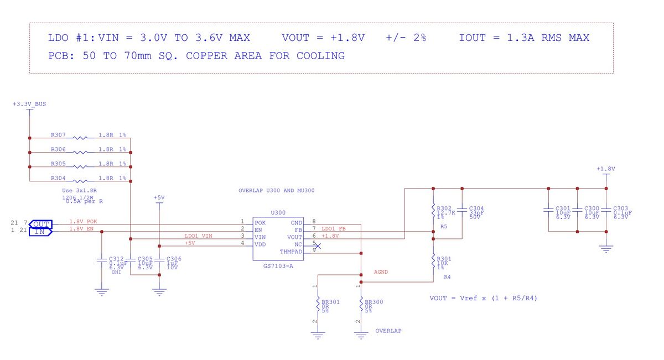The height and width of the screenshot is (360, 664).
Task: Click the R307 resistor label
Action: [58, 135]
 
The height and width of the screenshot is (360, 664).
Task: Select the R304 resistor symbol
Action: [81, 181]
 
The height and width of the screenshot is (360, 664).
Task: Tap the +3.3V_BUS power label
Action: [29, 104]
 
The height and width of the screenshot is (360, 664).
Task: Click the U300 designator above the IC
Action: [278, 212]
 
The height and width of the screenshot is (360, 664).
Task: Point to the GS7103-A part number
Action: [278, 266]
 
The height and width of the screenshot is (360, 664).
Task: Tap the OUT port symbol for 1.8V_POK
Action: [40, 224]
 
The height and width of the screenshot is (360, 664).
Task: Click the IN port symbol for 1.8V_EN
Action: [40, 232]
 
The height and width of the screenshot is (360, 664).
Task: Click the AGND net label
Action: [381, 272]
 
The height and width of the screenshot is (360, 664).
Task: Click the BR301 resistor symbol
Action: [318, 304]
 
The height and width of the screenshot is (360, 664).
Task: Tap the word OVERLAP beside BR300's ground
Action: [388, 331]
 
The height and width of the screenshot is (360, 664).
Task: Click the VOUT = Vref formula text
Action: [483, 298]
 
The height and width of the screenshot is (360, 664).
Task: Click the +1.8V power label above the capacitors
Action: [605, 169]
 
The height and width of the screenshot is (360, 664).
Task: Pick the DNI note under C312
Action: [116, 272]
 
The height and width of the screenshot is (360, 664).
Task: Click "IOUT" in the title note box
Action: [472, 38]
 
